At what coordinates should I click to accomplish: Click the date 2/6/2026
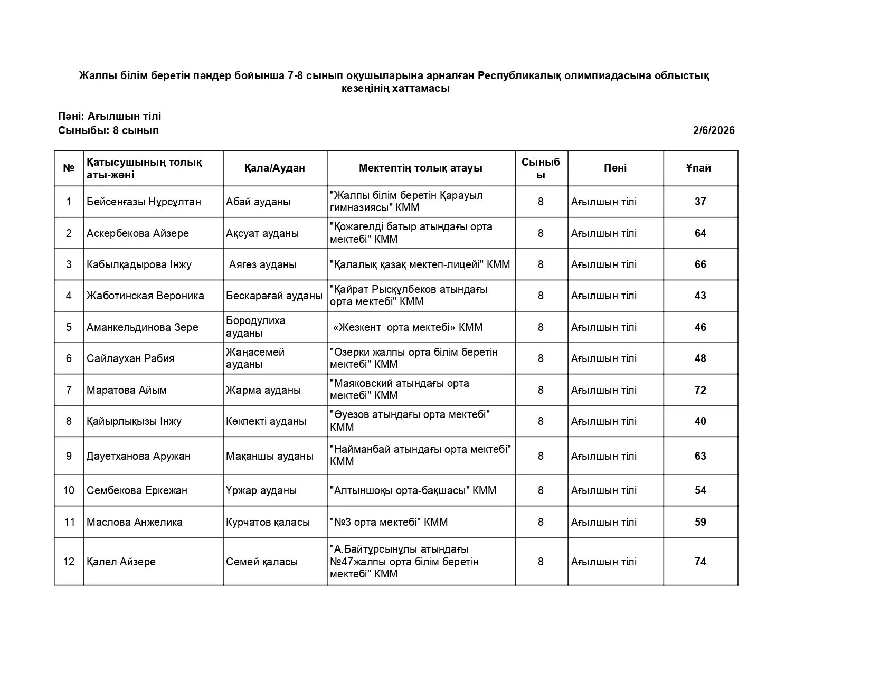coord(713,130)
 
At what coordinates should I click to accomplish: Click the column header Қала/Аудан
coord(274,168)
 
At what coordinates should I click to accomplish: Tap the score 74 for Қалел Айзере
coord(700,562)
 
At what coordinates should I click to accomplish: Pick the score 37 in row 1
coord(700,202)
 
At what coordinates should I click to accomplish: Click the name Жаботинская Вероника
coord(145,296)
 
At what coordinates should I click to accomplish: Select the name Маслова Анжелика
coord(135,522)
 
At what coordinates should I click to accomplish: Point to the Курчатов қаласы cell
coord(268,522)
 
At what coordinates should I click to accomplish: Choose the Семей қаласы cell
coord(261,562)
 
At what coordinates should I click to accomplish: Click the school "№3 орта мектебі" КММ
coord(389,522)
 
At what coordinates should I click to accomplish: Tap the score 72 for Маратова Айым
coord(700,390)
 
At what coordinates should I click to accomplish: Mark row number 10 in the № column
coord(69,490)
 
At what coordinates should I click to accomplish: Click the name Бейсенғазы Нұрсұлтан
coord(144,202)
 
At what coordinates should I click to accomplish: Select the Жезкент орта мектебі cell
coord(408,327)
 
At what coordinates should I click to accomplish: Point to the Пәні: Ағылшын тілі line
coord(110,116)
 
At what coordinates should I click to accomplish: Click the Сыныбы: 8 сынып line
coord(108,130)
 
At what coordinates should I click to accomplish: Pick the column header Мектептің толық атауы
coord(420,168)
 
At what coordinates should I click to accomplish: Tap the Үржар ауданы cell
coord(261,490)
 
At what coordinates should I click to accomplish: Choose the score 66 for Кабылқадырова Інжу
coord(700,264)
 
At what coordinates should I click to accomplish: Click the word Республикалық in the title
coord(519,75)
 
